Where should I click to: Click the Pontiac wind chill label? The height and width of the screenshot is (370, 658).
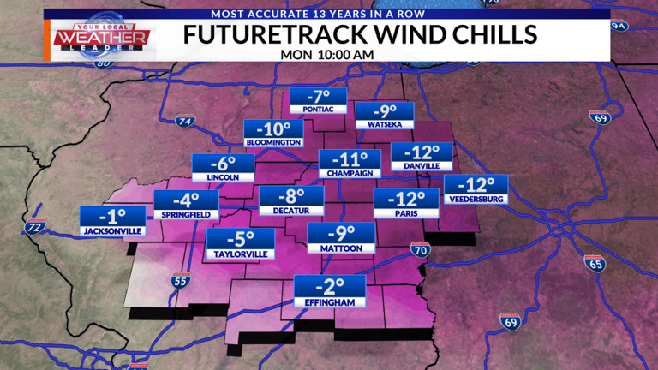point(318,101)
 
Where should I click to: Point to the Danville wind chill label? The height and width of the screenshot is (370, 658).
point(421,156)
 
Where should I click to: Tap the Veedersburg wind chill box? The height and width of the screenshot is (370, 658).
point(476,190)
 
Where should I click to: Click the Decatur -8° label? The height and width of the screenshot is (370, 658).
point(291,201)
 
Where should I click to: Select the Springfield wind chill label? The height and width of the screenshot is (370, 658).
point(186,206)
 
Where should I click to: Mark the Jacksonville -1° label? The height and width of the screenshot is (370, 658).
point(113,221)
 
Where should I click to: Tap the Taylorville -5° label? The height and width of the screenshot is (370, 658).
point(239,244)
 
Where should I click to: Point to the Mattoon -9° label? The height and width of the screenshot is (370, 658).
point(341,238)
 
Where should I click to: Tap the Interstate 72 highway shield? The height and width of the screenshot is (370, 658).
point(34,227)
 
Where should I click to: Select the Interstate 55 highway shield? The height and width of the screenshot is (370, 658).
point(179,280)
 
